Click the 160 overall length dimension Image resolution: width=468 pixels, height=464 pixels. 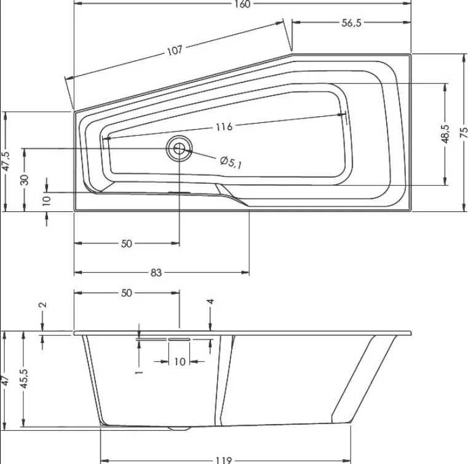242,4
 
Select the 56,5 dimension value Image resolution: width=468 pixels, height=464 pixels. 351,23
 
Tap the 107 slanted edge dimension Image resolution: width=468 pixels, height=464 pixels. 175,50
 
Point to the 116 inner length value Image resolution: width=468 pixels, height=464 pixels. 224,127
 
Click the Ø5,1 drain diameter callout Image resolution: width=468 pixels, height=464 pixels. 231,162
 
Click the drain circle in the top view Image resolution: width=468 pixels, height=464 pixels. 180,148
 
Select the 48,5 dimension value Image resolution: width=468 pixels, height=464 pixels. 445,134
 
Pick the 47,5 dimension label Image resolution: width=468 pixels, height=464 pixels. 6,162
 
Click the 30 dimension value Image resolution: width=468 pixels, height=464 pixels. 25,180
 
